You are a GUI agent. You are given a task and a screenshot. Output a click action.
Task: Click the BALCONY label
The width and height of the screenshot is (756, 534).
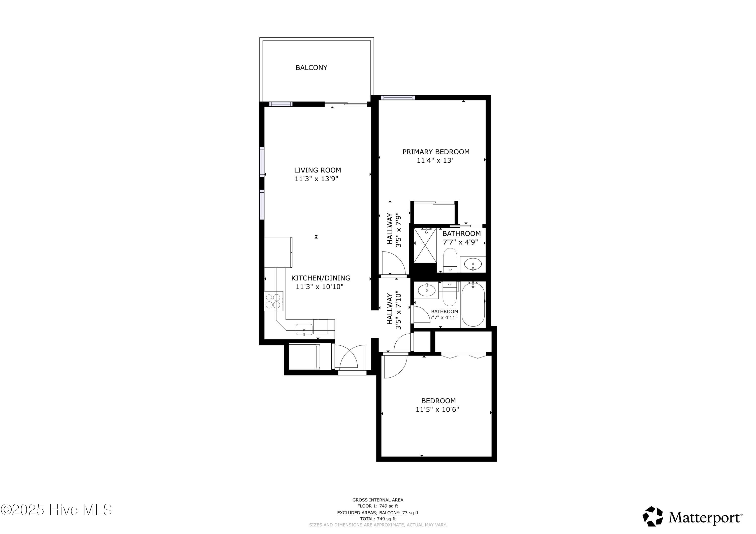click(311, 68)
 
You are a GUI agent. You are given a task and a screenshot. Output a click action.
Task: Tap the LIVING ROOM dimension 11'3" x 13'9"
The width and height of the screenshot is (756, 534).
click(317, 179)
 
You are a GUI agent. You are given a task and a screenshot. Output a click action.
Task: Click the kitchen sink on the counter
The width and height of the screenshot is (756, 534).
click(304, 329)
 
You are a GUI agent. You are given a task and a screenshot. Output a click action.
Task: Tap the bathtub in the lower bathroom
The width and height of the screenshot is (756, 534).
click(473, 304)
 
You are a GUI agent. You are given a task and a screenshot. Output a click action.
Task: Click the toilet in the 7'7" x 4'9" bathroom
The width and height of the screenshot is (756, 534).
click(450, 261)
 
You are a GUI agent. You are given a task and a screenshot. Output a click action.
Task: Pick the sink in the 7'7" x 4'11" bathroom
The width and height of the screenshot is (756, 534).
click(426, 291)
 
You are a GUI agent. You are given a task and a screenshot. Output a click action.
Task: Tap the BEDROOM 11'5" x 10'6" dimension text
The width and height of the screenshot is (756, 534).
click(437, 410)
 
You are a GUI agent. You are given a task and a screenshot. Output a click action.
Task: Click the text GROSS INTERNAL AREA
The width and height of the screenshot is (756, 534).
click(378, 500)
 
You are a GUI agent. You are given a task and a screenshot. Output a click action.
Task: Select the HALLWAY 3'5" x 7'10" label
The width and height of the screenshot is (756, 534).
click(394, 310)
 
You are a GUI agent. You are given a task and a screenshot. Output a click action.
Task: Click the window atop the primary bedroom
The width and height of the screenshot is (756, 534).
click(397, 97)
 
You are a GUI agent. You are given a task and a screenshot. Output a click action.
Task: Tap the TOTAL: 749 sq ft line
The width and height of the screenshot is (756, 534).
click(378, 519)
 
